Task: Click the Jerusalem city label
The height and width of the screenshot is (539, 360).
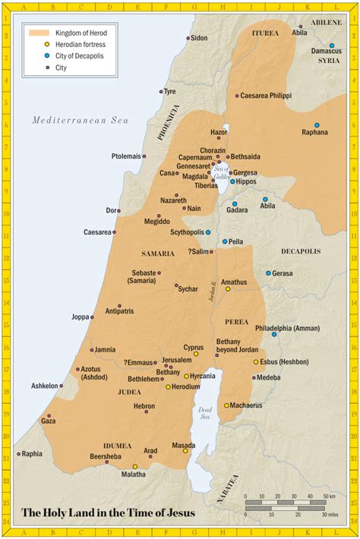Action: (176, 359)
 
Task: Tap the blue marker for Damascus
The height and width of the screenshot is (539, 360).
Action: (331, 46)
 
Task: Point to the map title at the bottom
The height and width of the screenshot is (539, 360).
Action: (108, 513)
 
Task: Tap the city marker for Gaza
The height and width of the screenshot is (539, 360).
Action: (49, 416)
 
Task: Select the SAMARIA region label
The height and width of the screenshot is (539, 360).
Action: (158, 253)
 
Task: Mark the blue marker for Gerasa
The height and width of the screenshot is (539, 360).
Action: (268, 273)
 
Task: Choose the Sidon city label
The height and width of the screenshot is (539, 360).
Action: (199, 37)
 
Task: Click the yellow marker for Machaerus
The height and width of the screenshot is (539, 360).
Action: (226, 405)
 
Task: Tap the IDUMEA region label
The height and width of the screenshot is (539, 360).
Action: (118, 446)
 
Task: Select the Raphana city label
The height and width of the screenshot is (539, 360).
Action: (314, 132)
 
